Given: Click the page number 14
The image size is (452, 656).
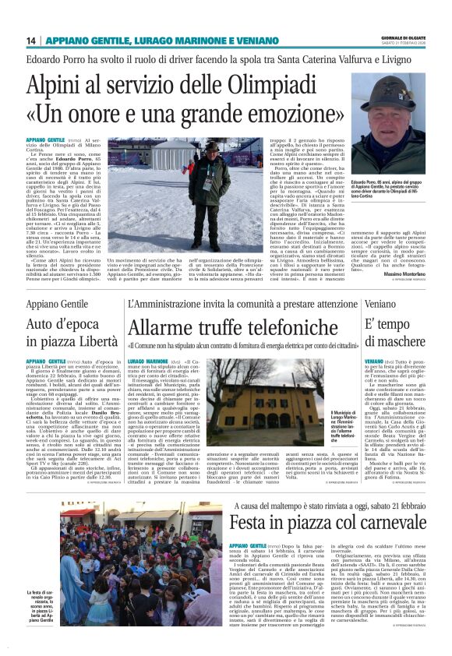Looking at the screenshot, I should pos(32,41).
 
